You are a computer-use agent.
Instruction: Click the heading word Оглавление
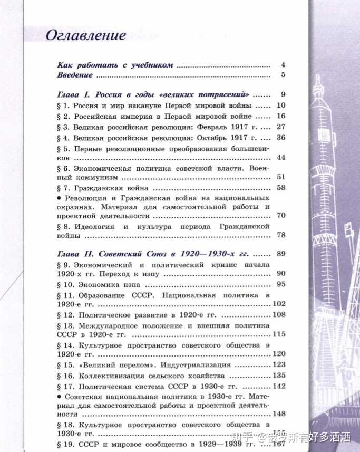[x=86, y=35]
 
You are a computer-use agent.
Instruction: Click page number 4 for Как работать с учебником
[x=283, y=65]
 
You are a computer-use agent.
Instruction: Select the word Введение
[x=75, y=75]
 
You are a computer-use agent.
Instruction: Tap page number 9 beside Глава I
[x=283, y=95]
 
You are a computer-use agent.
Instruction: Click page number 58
[x=280, y=188]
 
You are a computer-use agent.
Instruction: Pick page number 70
[x=280, y=216]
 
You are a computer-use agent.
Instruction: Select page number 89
[x=280, y=254]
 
